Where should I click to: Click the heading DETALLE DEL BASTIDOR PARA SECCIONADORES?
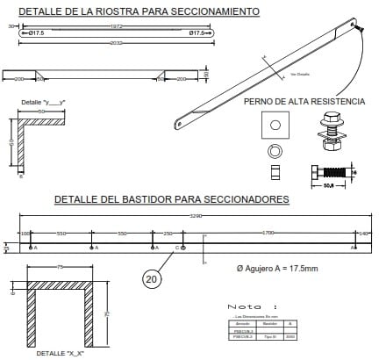tap(171, 199)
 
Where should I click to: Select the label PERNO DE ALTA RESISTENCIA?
tap(304, 102)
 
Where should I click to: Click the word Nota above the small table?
tap(246, 306)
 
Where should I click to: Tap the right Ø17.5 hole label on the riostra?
tap(197, 33)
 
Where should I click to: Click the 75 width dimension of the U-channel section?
tap(60, 267)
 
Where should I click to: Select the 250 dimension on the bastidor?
tap(167, 234)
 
